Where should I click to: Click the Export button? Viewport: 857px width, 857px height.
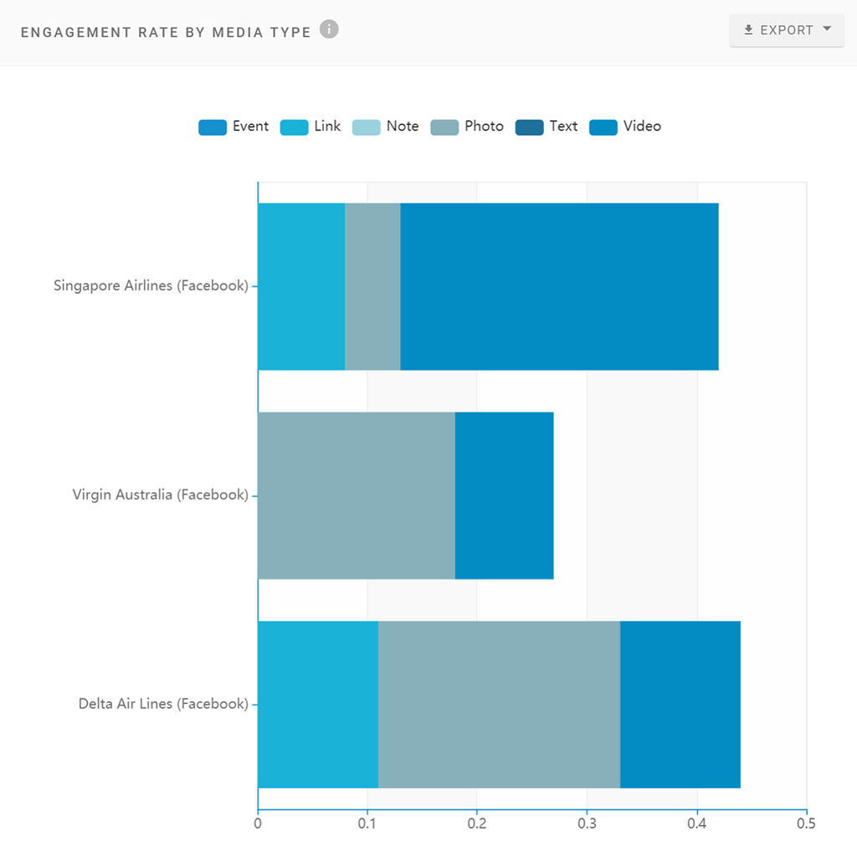pos(786,30)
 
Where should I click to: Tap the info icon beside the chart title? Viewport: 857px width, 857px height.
pos(330,30)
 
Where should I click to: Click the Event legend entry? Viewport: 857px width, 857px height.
pos(233,126)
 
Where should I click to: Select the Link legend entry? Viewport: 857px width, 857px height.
pos(310,126)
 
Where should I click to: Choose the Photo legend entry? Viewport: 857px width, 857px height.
pos(467,126)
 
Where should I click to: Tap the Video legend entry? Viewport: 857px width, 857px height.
pos(625,126)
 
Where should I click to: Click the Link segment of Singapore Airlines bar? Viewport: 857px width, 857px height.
pos(301,286)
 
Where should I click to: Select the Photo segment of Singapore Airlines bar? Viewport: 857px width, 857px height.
pos(372,286)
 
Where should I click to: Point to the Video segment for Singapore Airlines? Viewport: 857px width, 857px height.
pos(559,286)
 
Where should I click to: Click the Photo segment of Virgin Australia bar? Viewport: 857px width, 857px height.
pos(356,495)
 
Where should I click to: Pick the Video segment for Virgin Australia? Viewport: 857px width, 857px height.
pos(504,495)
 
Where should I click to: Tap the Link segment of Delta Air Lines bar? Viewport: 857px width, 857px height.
pos(318,705)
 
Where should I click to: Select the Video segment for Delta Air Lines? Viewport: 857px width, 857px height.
pos(680,705)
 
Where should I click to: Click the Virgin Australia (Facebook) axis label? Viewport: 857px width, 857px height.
pos(161,495)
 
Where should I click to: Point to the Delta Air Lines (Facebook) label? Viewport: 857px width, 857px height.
pos(163,704)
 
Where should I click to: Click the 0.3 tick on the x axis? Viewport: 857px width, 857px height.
pos(587,824)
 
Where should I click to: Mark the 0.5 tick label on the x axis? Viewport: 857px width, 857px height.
pos(806,824)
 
